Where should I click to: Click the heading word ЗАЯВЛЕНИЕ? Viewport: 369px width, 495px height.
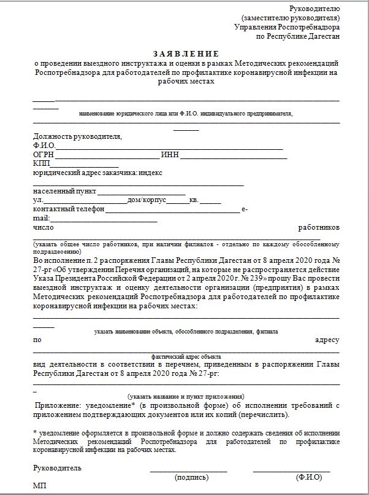[185, 53]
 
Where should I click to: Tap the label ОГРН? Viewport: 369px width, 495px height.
[44, 155]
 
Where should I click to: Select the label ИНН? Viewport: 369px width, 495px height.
[170, 155]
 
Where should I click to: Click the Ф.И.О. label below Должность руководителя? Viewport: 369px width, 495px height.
[44, 146]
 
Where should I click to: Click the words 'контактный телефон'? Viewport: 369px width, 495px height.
[69, 209]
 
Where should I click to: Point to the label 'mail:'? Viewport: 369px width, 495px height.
[40, 218]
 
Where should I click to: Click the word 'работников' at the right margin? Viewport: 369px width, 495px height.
[319, 227]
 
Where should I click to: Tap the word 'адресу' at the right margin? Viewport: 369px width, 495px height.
[327, 340]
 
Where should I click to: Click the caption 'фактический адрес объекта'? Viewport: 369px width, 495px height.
[186, 356]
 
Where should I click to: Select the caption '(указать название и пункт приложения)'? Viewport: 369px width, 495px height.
[186, 396]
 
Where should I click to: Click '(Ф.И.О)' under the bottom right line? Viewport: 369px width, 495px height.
[308, 477]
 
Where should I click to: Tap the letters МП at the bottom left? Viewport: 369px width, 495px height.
[40, 486]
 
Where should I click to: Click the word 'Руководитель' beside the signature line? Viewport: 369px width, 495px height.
[57, 468]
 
